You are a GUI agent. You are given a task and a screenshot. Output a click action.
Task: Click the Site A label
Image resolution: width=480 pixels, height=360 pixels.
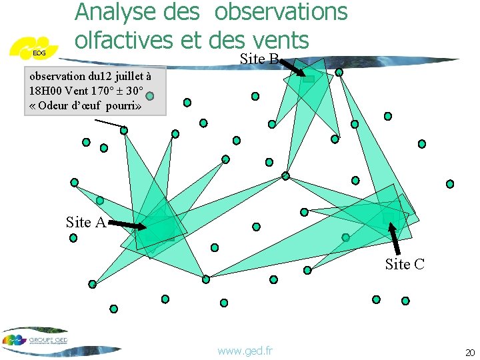tap(86, 223)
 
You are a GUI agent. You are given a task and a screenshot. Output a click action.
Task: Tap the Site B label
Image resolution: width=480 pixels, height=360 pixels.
tap(259, 59)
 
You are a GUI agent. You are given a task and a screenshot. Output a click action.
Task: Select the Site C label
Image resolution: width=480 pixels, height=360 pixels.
tap(404, 264)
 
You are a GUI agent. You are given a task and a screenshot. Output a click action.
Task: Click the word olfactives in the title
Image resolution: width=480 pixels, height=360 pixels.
tap(124, 39)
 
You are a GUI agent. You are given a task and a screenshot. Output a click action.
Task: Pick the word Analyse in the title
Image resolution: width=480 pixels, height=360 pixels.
tap(114, 11)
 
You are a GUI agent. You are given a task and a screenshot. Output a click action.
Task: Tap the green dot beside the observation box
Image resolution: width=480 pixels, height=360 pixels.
tap(151, 96)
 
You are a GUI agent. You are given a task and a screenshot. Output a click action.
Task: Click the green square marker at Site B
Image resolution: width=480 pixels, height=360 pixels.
tap(309, 79)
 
